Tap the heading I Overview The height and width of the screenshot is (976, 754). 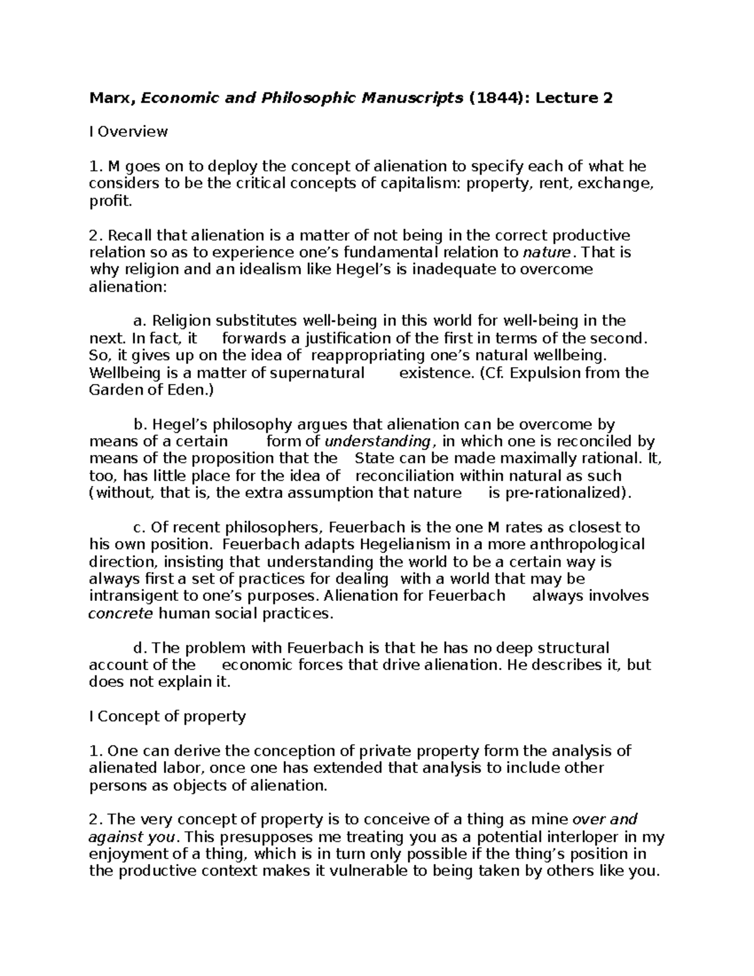tap(128, 132)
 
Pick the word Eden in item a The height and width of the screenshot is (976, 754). tap(189, 390)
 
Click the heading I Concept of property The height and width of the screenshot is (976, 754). tap(167, 716)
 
